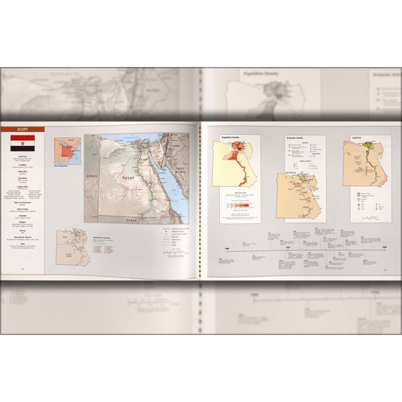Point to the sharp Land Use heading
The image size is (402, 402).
point(355,138)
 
